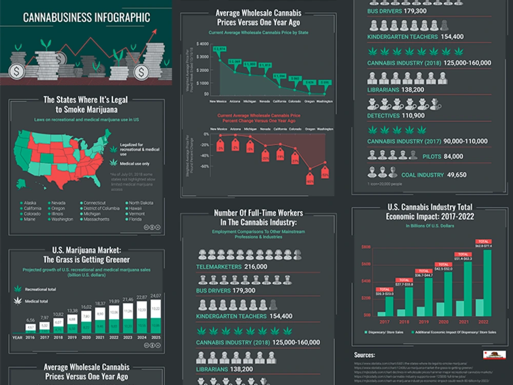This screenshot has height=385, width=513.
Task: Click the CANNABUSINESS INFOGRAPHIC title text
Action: pyautogui.click(x=86, y=17)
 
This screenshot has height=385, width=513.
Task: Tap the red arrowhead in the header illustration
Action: pyautogui.click(x=153, y=32)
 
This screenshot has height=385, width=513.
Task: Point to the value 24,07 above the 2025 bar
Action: pyautogui.click(x=155, y=296)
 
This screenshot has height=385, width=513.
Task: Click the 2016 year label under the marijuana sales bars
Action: pyautogui.click(x=31, y=338)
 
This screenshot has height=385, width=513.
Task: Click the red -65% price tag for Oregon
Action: pyautogui.click(x=309, y=181)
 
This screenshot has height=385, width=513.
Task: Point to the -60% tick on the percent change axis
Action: pyautogui.click(x=204, y=166)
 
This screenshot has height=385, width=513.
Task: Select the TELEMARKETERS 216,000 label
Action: pyautogui.click(x=231, y=267)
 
